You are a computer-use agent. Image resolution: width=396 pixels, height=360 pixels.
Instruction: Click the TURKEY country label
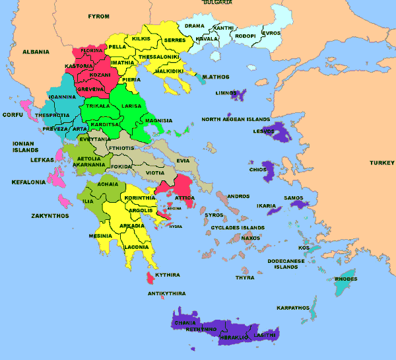pos(381,162)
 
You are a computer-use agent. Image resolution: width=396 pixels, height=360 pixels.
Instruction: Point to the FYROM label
pos(98,15)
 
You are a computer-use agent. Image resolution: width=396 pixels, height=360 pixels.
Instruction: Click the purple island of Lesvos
pos(282,134)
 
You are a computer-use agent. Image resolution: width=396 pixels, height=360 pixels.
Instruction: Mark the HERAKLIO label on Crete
pos(234,337)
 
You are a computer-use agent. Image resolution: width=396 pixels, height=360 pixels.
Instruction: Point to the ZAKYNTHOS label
pos(49,216)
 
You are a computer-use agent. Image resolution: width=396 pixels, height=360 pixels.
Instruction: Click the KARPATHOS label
pos(293,308)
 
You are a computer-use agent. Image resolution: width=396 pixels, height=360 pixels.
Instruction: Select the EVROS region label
pos(271,33)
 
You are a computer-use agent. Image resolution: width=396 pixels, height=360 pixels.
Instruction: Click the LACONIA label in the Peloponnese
pos(136,247)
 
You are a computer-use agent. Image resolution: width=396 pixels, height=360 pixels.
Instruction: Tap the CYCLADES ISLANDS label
pos(238,228)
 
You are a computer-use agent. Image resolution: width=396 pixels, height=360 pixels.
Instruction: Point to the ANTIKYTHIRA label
pos(166,293)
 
